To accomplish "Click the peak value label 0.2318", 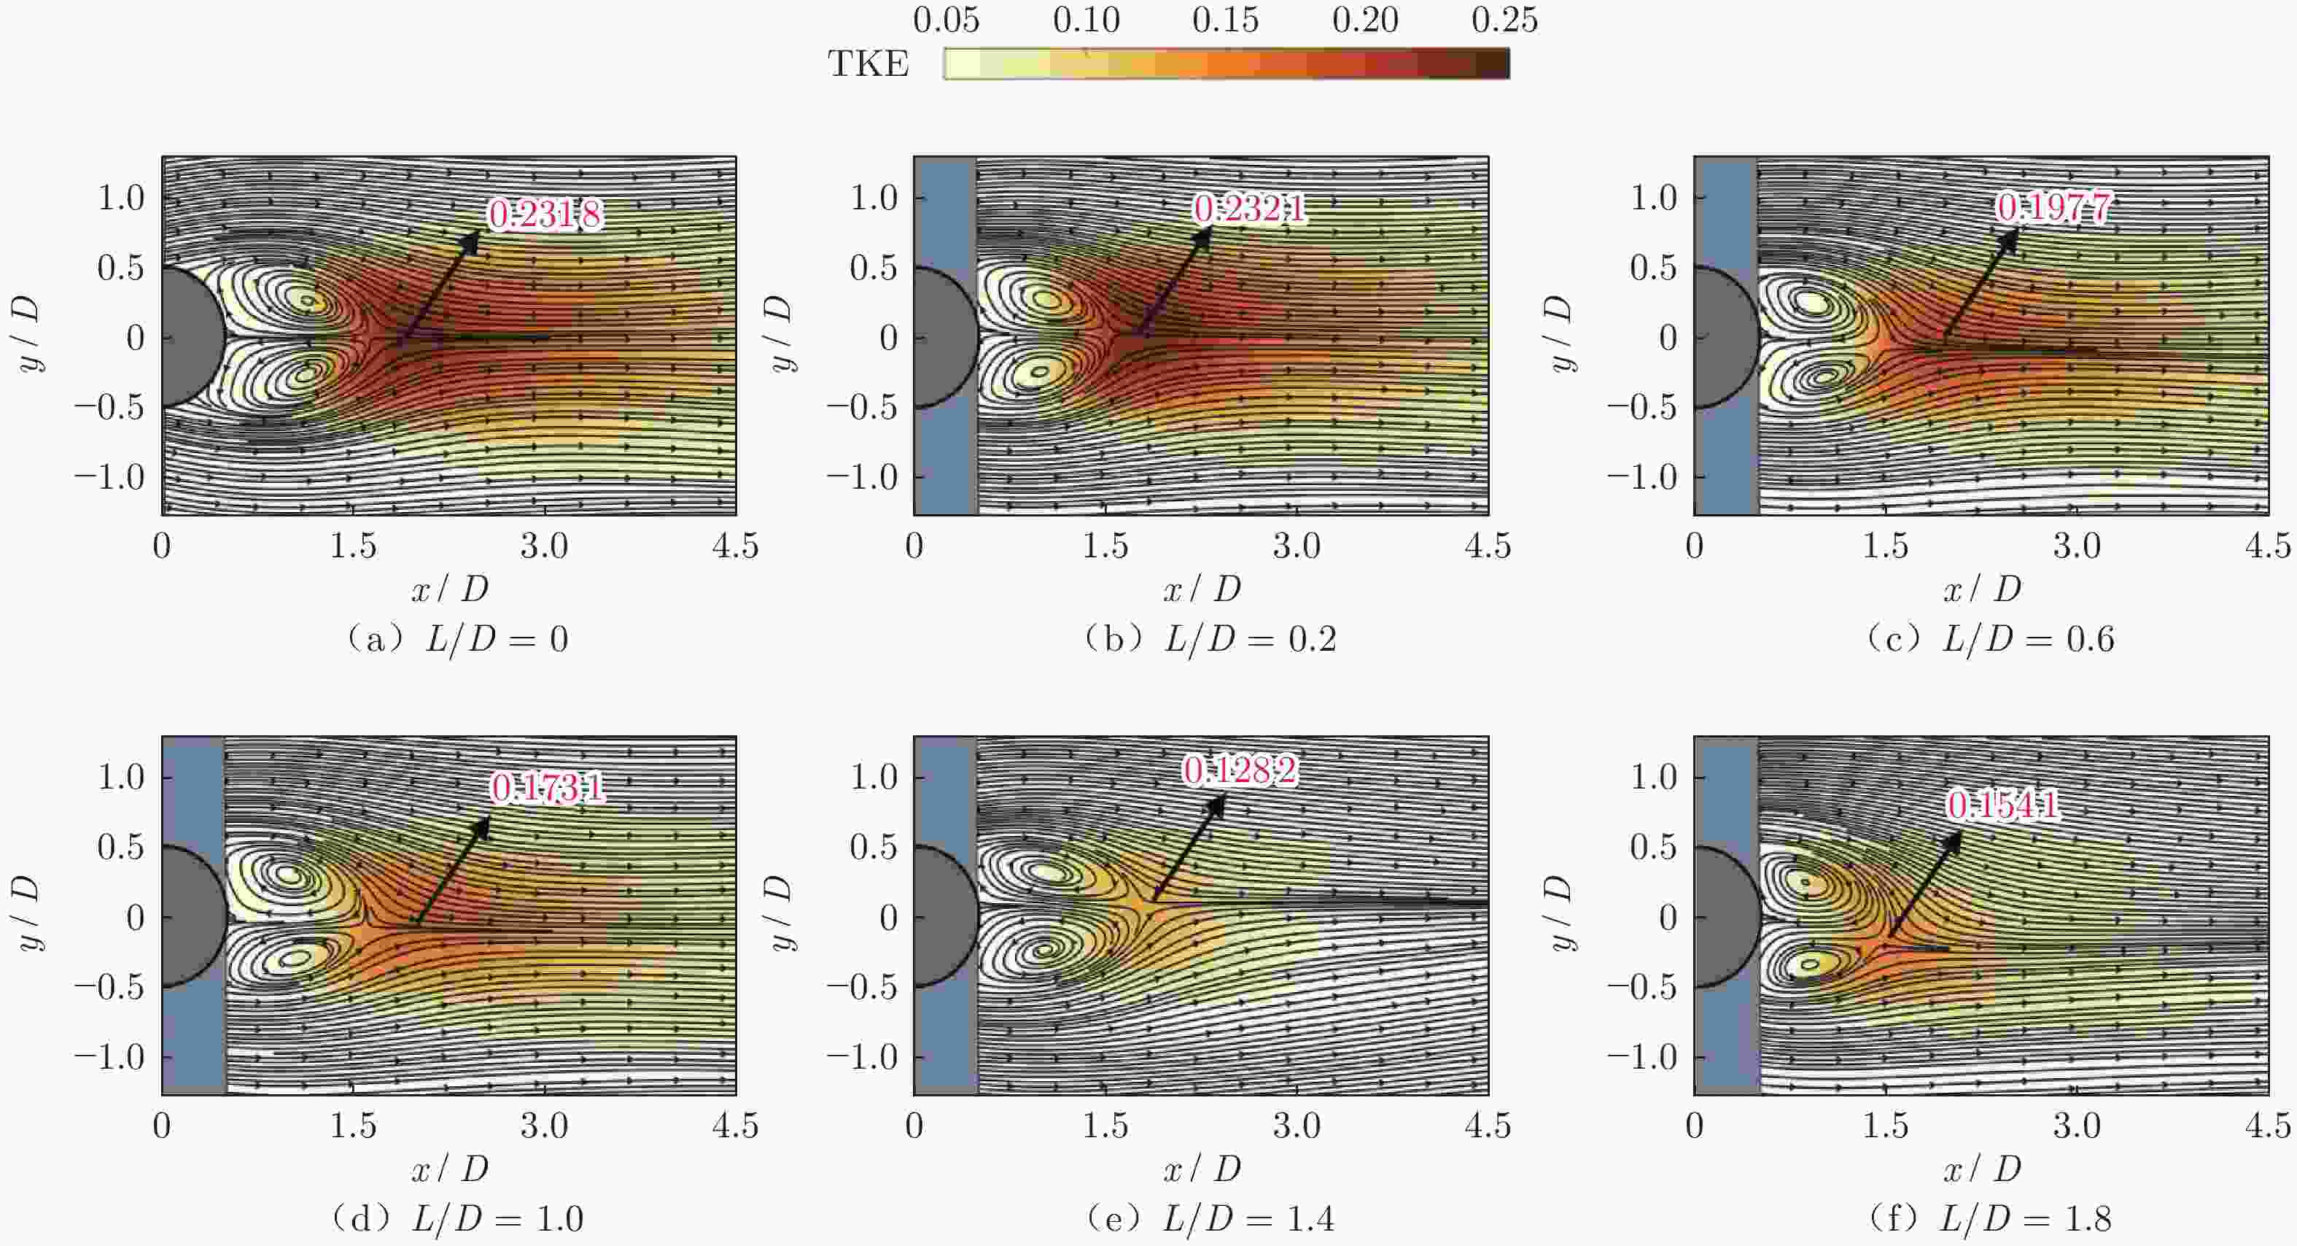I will coord(545,214).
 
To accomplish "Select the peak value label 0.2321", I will coord(1249,209).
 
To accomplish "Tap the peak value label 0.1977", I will coord(2053,208).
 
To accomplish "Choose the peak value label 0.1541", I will coord(2002,805).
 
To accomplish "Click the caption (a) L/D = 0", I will coord(456,640).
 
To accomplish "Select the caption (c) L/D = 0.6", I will coord(1990,640).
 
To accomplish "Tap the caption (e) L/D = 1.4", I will coord(1210,1218).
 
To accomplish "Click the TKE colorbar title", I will coord(868,64).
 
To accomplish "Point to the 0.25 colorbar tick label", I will coord(1504,20).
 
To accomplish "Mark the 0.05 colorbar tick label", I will coord(946,20).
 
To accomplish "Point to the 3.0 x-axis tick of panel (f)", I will coord(2077,1126).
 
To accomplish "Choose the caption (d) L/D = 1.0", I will coord(456,1218).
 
